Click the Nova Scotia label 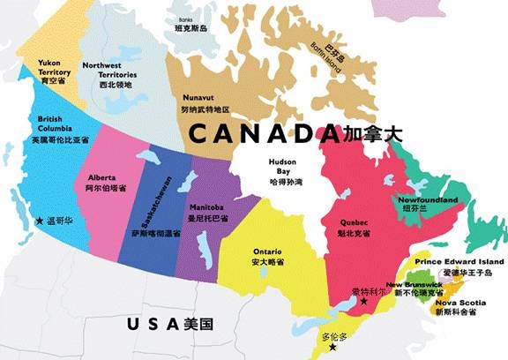[457, 303]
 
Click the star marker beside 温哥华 [39, 222]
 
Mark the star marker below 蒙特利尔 [363, 302]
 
